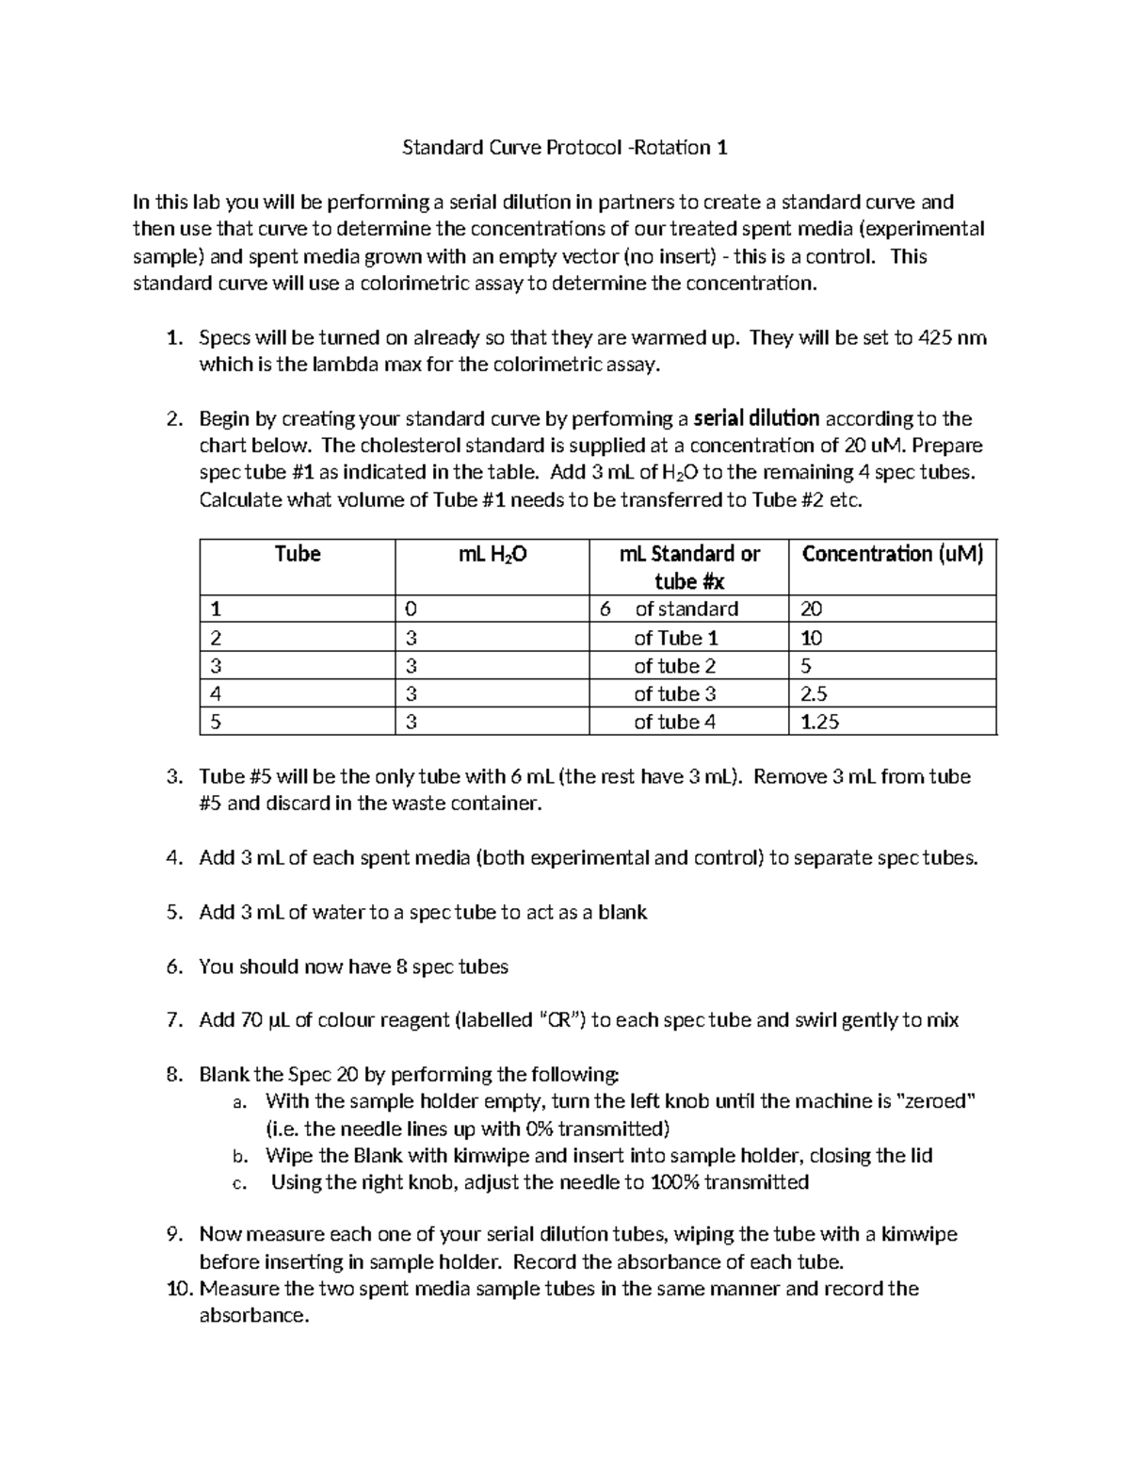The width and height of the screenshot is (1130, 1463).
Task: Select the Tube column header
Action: tap(298, 554)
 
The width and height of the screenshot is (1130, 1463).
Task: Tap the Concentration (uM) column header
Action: tap(892, 554)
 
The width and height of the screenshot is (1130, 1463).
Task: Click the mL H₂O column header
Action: tap(492, 555)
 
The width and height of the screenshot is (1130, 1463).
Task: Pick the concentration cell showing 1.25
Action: tap(819, 723)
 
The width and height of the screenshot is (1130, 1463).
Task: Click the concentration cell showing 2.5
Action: tap(815, 694)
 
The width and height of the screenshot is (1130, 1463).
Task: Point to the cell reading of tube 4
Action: tap(674, 723)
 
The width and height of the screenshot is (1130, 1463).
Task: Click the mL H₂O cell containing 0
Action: tap(412, 610)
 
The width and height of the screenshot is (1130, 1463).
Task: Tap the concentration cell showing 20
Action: tap(811, 610)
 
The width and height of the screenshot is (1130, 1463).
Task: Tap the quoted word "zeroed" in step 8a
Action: tap(933, 1101)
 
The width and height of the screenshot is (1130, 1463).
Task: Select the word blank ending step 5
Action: tap(622, 913)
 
